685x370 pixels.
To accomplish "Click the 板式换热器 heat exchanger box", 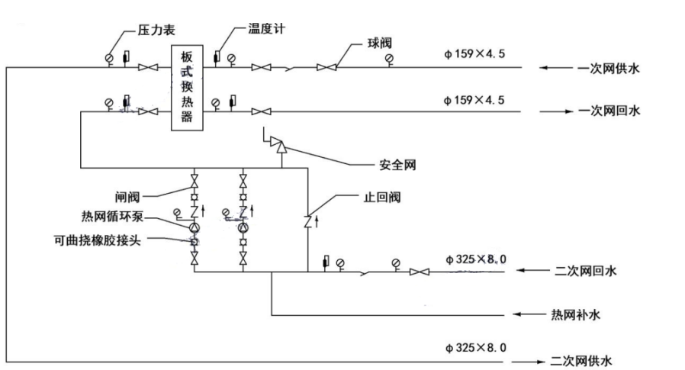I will [x=187, y=88].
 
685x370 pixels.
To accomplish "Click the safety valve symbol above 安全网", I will [x=280, y=146].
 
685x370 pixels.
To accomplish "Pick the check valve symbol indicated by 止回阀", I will [x=308, y=221].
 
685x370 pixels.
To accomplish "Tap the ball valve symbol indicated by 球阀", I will [x=327, y=68].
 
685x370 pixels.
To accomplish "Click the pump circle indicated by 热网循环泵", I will [x=195, y=227].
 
